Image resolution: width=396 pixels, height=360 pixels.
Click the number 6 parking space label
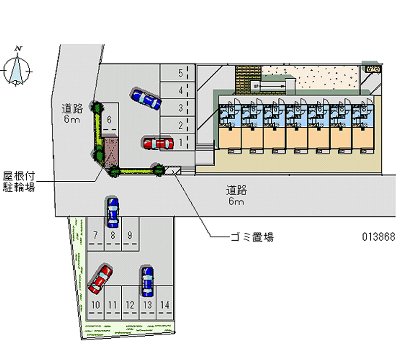pyautogui.click(x=109, y=119)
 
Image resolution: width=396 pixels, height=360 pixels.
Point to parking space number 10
pyautogui.click(x=96, y=305)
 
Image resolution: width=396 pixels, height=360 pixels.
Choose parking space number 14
pyautogui.click(x=165, y=305)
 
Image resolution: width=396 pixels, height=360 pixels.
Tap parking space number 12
pyautogui.click(x=130, y=305)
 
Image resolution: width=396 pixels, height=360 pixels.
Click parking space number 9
pyautogui.click(x=130, y=235)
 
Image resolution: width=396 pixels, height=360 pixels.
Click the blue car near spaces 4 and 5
pyautogui.click(x=146, y=98)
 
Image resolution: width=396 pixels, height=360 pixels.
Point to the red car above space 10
pyautogui.click(x=101, y=279)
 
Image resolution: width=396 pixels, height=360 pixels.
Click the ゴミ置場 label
pyautogui.click(x=252, y=237)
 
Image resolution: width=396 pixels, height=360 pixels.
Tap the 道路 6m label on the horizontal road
pyautogui.click(x=237, y=195)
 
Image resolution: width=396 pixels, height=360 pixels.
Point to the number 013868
pyautogui.click(x=378, y=237)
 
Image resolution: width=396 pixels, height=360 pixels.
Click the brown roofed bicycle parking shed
pyautogui.click(x=110, y=150)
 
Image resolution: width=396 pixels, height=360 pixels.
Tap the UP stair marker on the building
pyautogui.click(x=256, y=86)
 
